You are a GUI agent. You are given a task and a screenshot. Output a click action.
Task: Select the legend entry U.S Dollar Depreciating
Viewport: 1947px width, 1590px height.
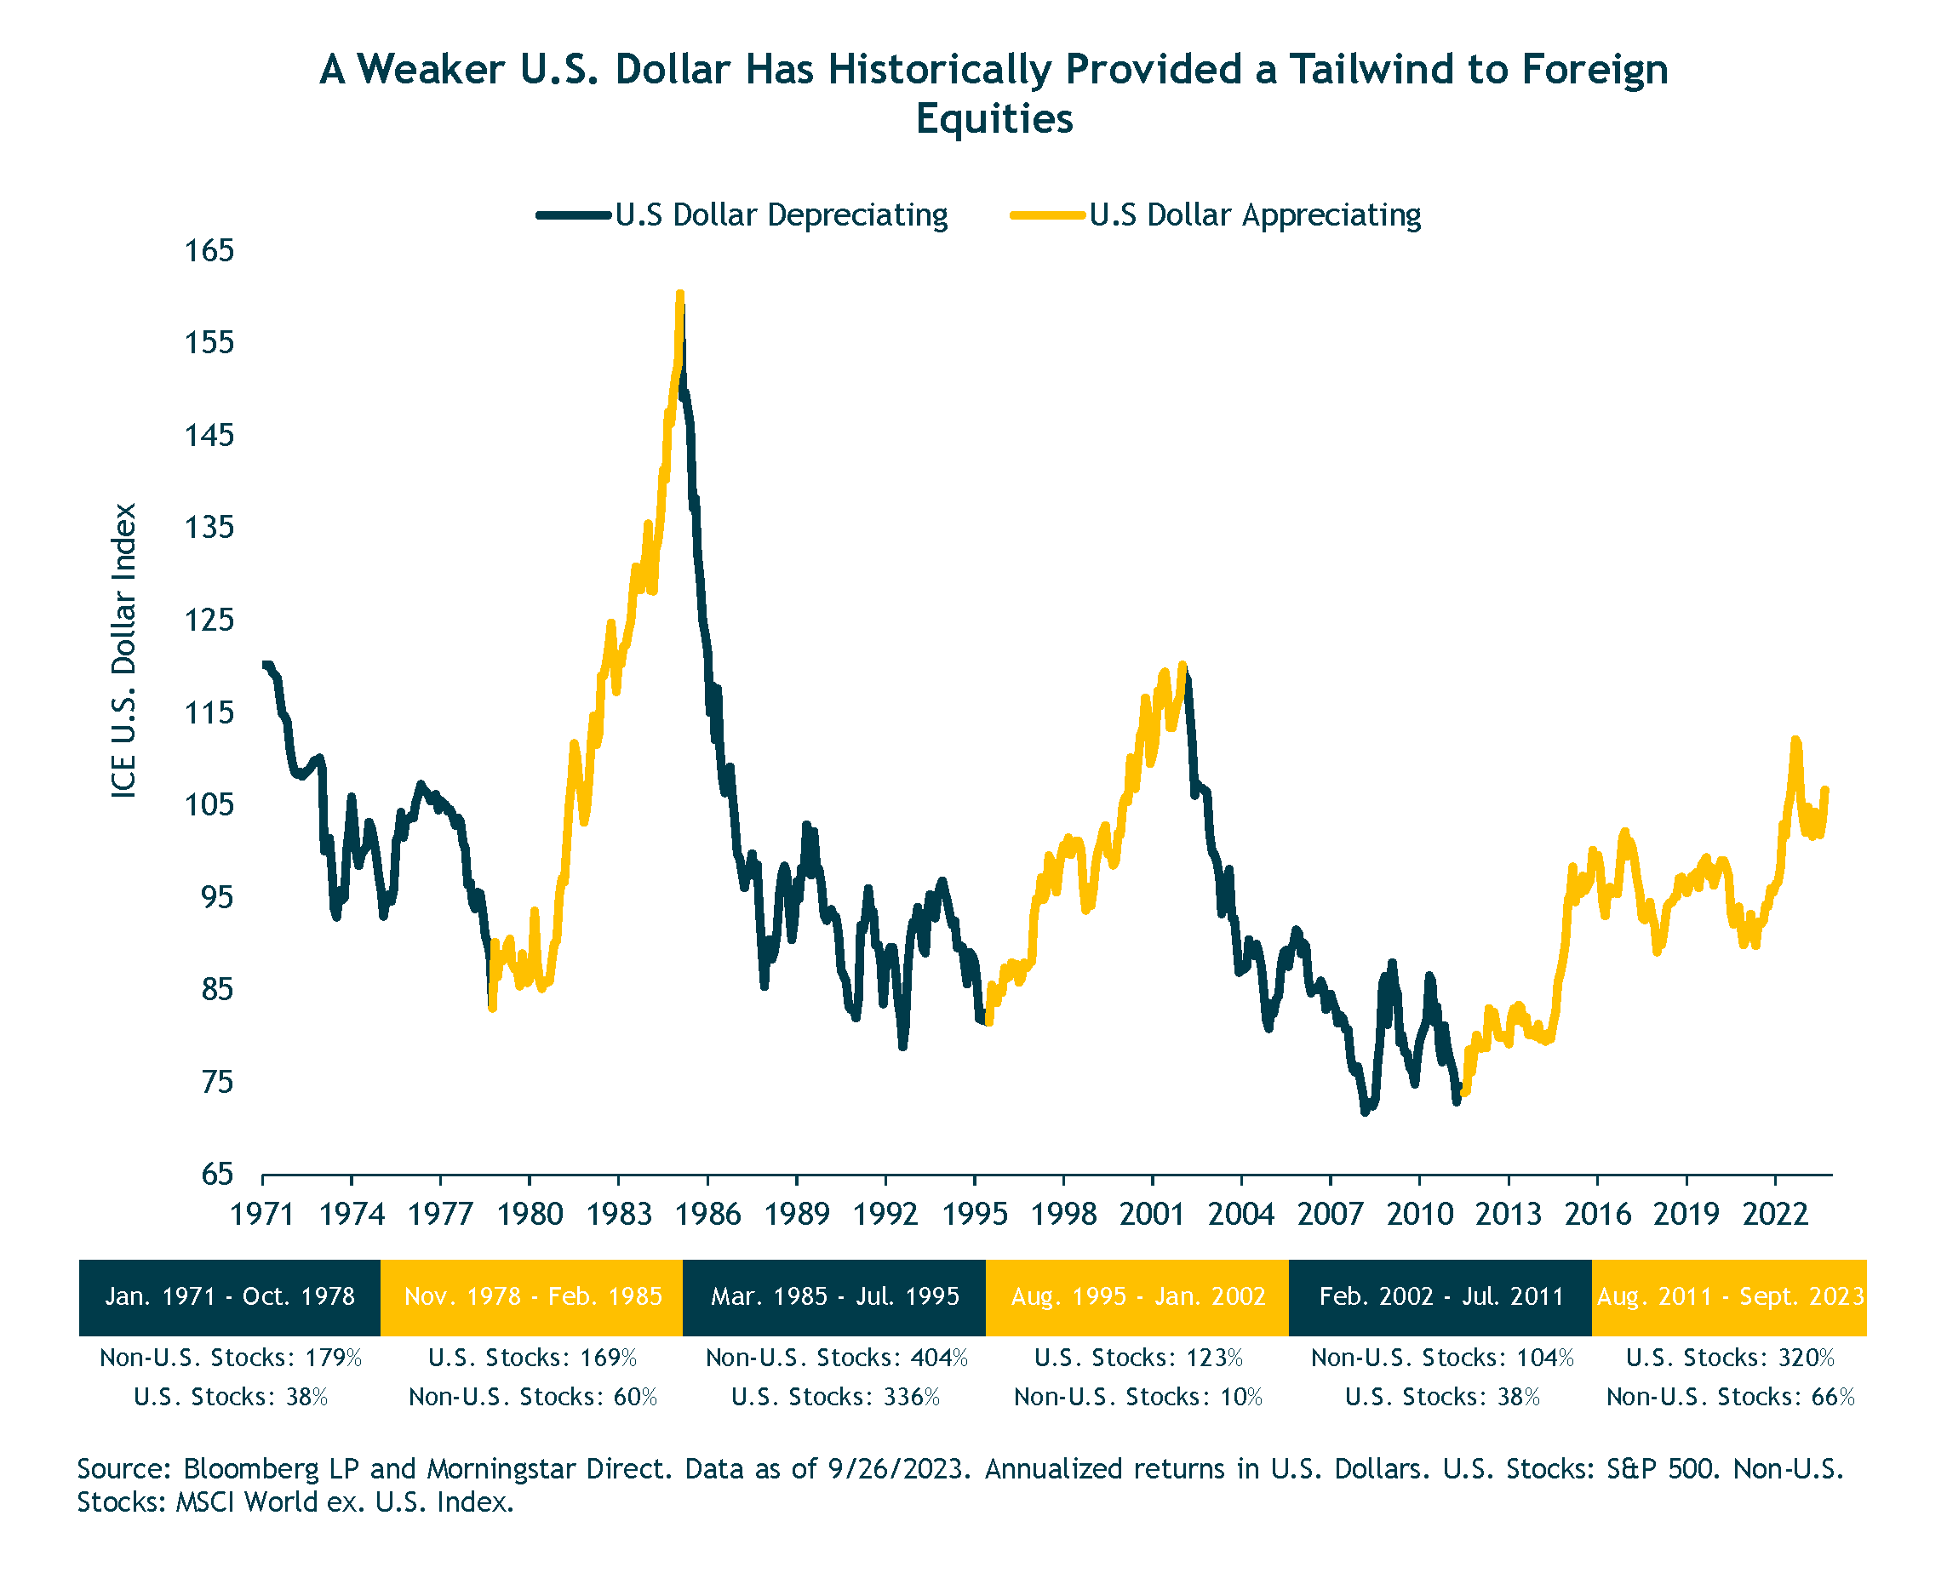click(781, 215)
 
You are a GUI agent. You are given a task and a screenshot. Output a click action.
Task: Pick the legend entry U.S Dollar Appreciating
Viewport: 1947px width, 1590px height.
click(1255, 215)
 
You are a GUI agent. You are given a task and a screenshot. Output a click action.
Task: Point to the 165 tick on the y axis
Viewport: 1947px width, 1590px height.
click(209, 250)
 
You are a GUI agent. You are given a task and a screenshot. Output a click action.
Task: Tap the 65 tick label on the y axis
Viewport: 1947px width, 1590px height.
click(218, 1174)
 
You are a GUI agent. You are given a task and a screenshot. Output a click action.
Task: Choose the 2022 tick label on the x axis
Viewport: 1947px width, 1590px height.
click(1775, 1215)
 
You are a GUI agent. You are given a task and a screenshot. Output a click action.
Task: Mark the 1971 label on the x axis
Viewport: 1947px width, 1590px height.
click(262, 1215)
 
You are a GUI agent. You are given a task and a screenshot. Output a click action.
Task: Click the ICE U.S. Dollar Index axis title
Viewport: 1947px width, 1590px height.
click(123, 650)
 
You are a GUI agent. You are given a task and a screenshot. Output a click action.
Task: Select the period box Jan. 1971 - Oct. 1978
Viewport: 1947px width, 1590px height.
click(230, 1297)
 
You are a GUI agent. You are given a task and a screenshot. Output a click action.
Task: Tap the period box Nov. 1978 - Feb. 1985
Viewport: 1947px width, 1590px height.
click(532, 1297)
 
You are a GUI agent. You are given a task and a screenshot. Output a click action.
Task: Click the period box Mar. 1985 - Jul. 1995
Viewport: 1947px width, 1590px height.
click(834, 1297)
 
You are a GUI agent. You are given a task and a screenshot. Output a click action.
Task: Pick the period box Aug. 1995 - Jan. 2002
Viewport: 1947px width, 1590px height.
click(1137, 1297)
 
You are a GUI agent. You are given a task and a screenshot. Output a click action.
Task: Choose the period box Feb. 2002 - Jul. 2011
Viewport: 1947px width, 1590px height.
click(1440, 1297)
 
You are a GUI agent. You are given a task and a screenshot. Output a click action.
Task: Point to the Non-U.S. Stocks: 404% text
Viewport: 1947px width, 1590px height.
click(836, 1358)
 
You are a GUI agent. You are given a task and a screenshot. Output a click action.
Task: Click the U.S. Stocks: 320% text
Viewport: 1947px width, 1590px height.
click(1730, 1358)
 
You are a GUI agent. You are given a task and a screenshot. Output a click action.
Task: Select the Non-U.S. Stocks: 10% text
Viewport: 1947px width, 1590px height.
click(1138, 1397)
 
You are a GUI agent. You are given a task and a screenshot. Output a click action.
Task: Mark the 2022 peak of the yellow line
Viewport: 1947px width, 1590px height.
click(1795, 740)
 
